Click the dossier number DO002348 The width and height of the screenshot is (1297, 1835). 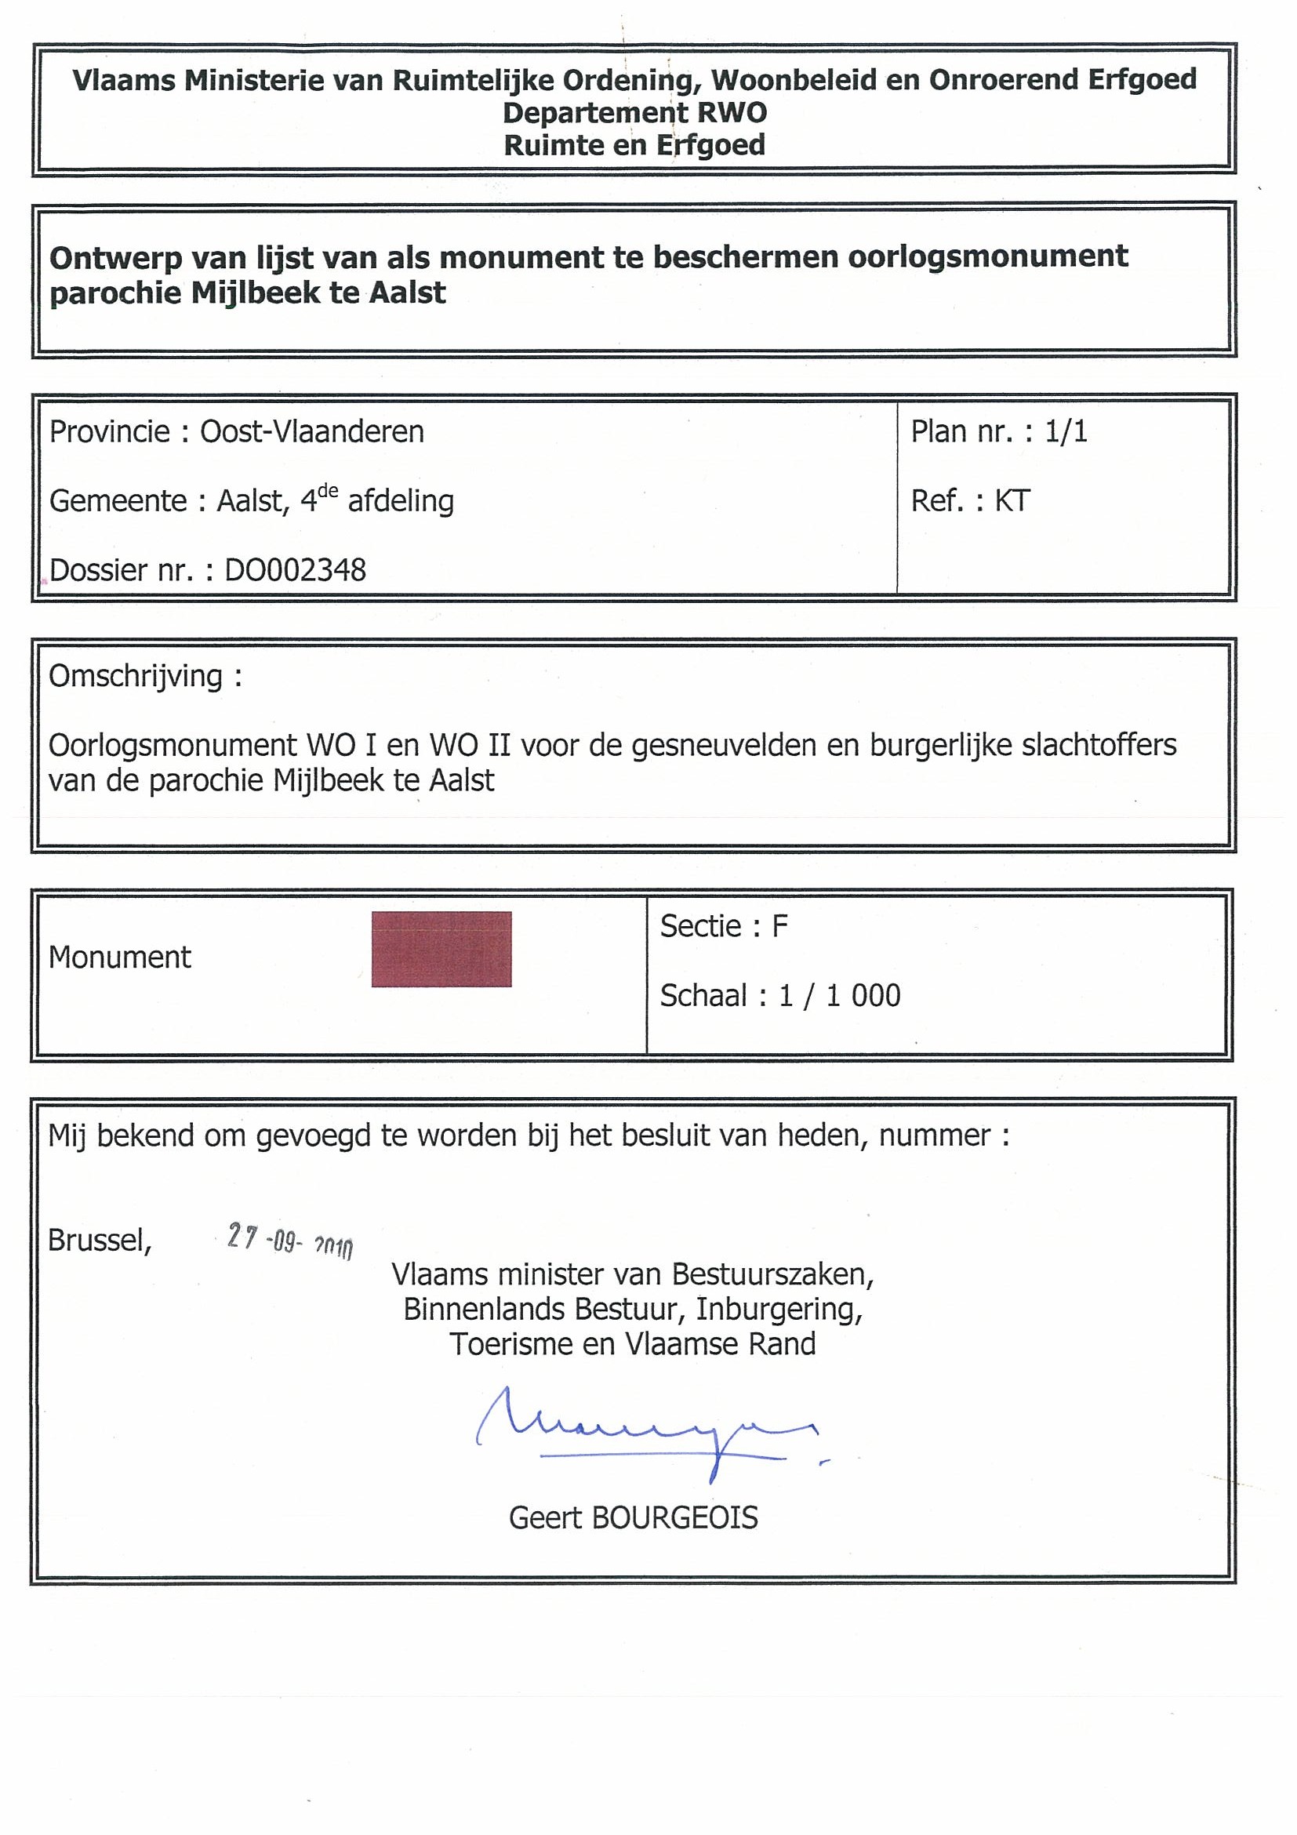tap(295, 571)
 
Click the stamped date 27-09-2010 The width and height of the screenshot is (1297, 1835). tap(289, 1240)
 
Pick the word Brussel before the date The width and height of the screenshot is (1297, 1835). tap(99, 1241)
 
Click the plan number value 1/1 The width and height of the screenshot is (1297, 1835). tap(1066, 431)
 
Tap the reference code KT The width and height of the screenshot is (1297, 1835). tap(1012, 501)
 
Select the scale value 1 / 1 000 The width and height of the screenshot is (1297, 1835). tap(840, 996)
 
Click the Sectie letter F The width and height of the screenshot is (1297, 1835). tap(779, 926)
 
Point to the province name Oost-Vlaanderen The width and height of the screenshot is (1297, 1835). tap(311, 431)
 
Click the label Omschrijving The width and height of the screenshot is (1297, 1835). tap(136, 676)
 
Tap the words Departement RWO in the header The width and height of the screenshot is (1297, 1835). tap(634, 113)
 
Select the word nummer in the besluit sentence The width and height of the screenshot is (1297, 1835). tap(935, 1136)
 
